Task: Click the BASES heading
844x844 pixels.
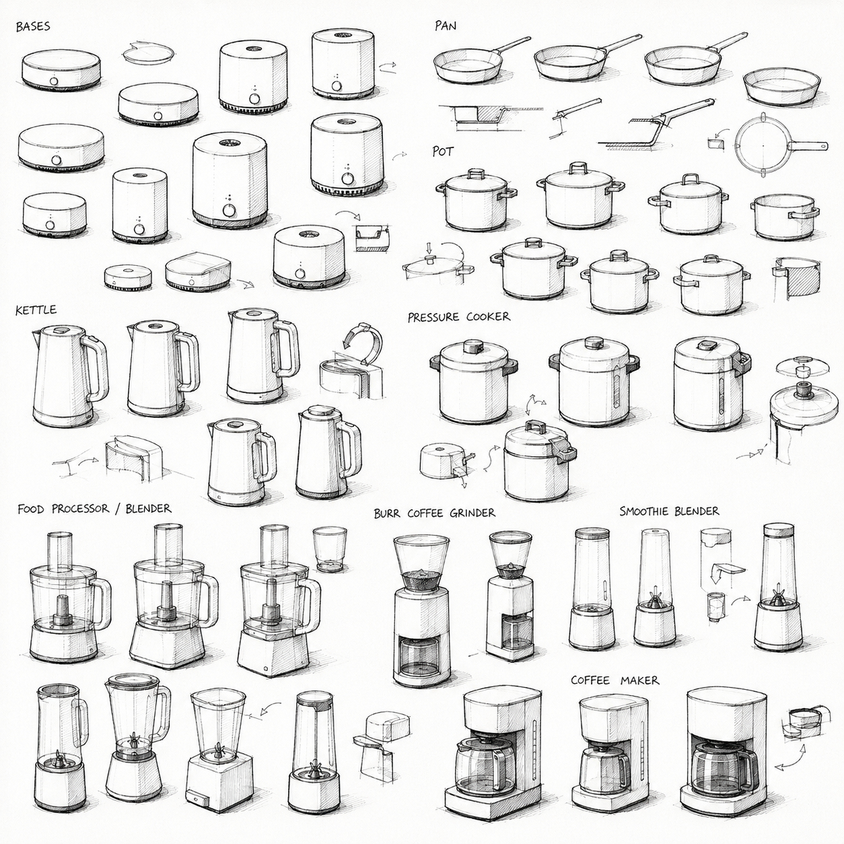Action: [x=33, y=26]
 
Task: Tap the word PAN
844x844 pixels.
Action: [x=446, y=26]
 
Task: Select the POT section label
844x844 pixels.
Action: [x=443, y=151]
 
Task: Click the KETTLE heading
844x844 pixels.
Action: [x=36, y=310]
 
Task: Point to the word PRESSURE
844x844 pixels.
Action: [x=433, y=317]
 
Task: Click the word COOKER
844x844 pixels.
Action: [x=489, y=316]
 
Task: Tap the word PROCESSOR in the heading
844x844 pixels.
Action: [x=80, y=509]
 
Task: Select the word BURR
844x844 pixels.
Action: [x=387, y=513]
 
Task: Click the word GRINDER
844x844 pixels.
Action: [x=473, y=512]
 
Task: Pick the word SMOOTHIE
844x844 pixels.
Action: [x=643, y=511]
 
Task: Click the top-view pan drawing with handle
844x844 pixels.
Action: [x=781, y=145]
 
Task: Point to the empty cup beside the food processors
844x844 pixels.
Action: [x=330, y=549]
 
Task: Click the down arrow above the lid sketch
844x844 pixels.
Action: [x=429, y=249]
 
